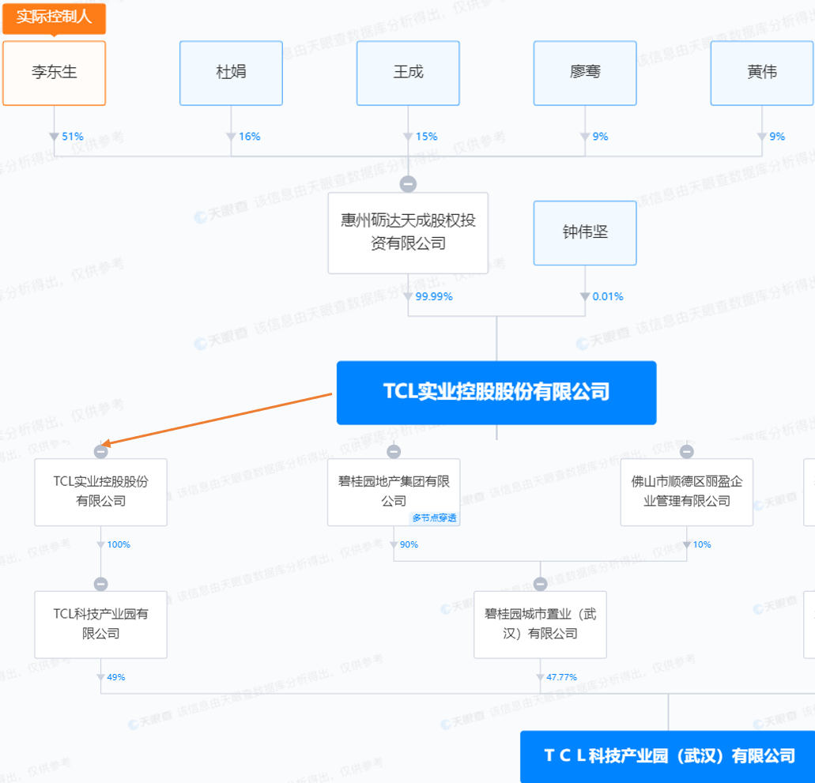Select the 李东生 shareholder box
(54, 73)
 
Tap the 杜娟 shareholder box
(231, 73)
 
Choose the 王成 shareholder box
(408, 73)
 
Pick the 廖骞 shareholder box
(585, 73)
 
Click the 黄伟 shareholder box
(762, 73)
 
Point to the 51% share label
(72, 137)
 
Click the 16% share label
(249, 137)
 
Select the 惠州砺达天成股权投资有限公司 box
(408, 232)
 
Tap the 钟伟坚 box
(585, 232)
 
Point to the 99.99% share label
(433, 297)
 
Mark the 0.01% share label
(608, 297)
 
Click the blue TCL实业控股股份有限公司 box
(496, 393)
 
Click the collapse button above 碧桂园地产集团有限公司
(394, 451)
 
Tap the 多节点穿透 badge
(435, 518)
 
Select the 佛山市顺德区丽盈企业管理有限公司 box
(686, 491)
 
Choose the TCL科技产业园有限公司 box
(100, 624)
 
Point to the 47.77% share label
(561, 677)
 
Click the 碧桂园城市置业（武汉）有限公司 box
(540, 624)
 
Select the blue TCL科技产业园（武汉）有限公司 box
(668, 756)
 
